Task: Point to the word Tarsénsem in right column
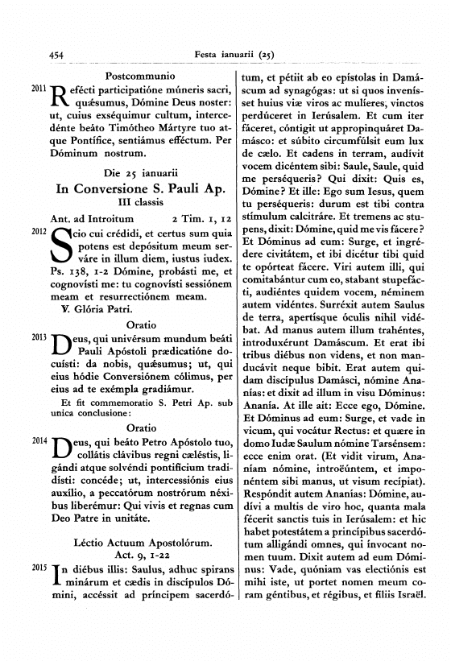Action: tap(405, 445)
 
